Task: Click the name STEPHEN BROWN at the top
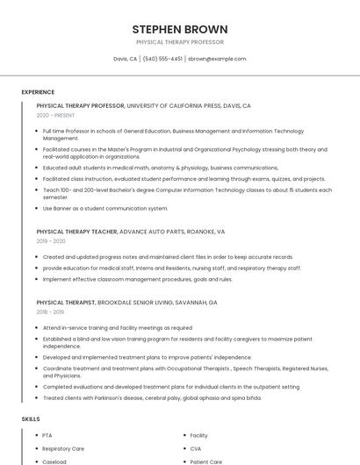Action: point(180,29)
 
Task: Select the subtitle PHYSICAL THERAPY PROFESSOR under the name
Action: point(180,42)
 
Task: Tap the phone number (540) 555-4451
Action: point(162,59)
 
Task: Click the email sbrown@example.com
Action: point(217,59)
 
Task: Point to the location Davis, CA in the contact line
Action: point(126,59)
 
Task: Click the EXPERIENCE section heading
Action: point(38,91)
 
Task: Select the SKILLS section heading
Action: point(31,419)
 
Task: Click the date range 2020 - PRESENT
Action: point(55,115)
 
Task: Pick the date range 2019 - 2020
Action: point(51,241)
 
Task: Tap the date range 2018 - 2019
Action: point(51,311)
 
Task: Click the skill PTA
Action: point(47,435)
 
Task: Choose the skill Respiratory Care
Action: point(62,448)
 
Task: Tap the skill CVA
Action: point(197,448)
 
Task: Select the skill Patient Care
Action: point(205,461)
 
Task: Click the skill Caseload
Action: point(54,461)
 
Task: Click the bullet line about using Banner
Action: point(104,208)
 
